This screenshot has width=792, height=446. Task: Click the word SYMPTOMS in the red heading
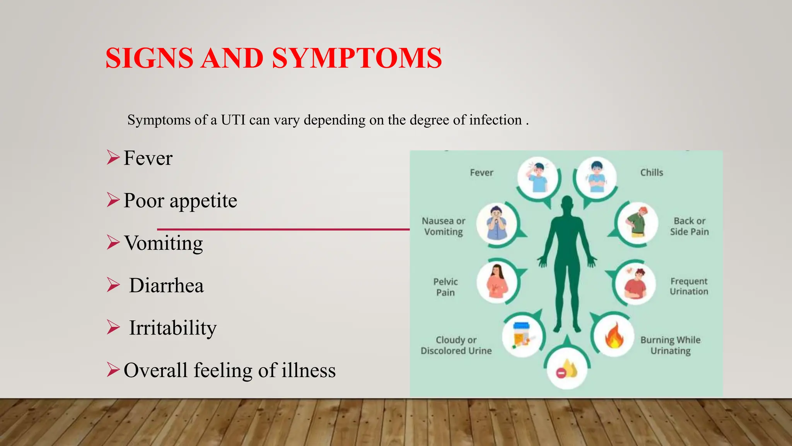click(x=357, y=58)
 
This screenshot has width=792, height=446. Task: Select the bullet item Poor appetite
click(x=180, y=201)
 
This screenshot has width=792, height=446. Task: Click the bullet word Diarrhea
click(x=166, y=286)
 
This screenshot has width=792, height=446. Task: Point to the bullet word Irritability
click(x=173, y=328)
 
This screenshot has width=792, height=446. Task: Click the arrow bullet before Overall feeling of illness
click(x=113, y=370)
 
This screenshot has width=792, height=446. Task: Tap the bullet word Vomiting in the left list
click(x=164, y=243)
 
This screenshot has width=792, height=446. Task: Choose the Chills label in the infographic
click(x=652, y=173)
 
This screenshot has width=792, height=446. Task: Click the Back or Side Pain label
click(x=689, y=226)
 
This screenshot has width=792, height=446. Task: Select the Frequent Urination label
click(x=689, y=286)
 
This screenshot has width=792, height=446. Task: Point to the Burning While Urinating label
click(x=670, y=345)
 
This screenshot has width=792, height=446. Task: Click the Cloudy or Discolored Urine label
click(x=456, y=345)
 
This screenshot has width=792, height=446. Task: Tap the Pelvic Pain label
click(x=445, y=287)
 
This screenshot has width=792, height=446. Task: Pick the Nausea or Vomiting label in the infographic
click(x=444, y=226)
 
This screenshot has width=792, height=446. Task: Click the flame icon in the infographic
click(x=614, y=336)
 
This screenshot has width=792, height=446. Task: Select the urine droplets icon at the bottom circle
click(x=567, y=370)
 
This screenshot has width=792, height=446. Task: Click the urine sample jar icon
click(x=522, y=335)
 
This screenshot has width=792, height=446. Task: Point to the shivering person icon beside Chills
click(x=596, y=177)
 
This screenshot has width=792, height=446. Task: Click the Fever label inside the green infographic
click(x=481, y=173)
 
